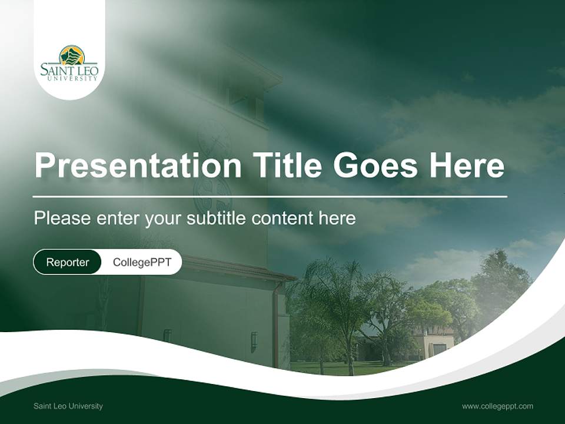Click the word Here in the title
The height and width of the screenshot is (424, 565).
point(466,165)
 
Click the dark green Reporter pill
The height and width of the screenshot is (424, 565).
point(68,262)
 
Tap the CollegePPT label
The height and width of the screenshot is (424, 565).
point(142,262)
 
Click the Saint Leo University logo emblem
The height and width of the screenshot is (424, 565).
point(72,56)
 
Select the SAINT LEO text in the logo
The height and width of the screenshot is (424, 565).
point(69,70)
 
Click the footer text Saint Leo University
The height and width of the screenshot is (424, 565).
point(68,406)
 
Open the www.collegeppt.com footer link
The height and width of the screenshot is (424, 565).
point(497,406)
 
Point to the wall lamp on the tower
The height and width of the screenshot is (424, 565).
point(254,340)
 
